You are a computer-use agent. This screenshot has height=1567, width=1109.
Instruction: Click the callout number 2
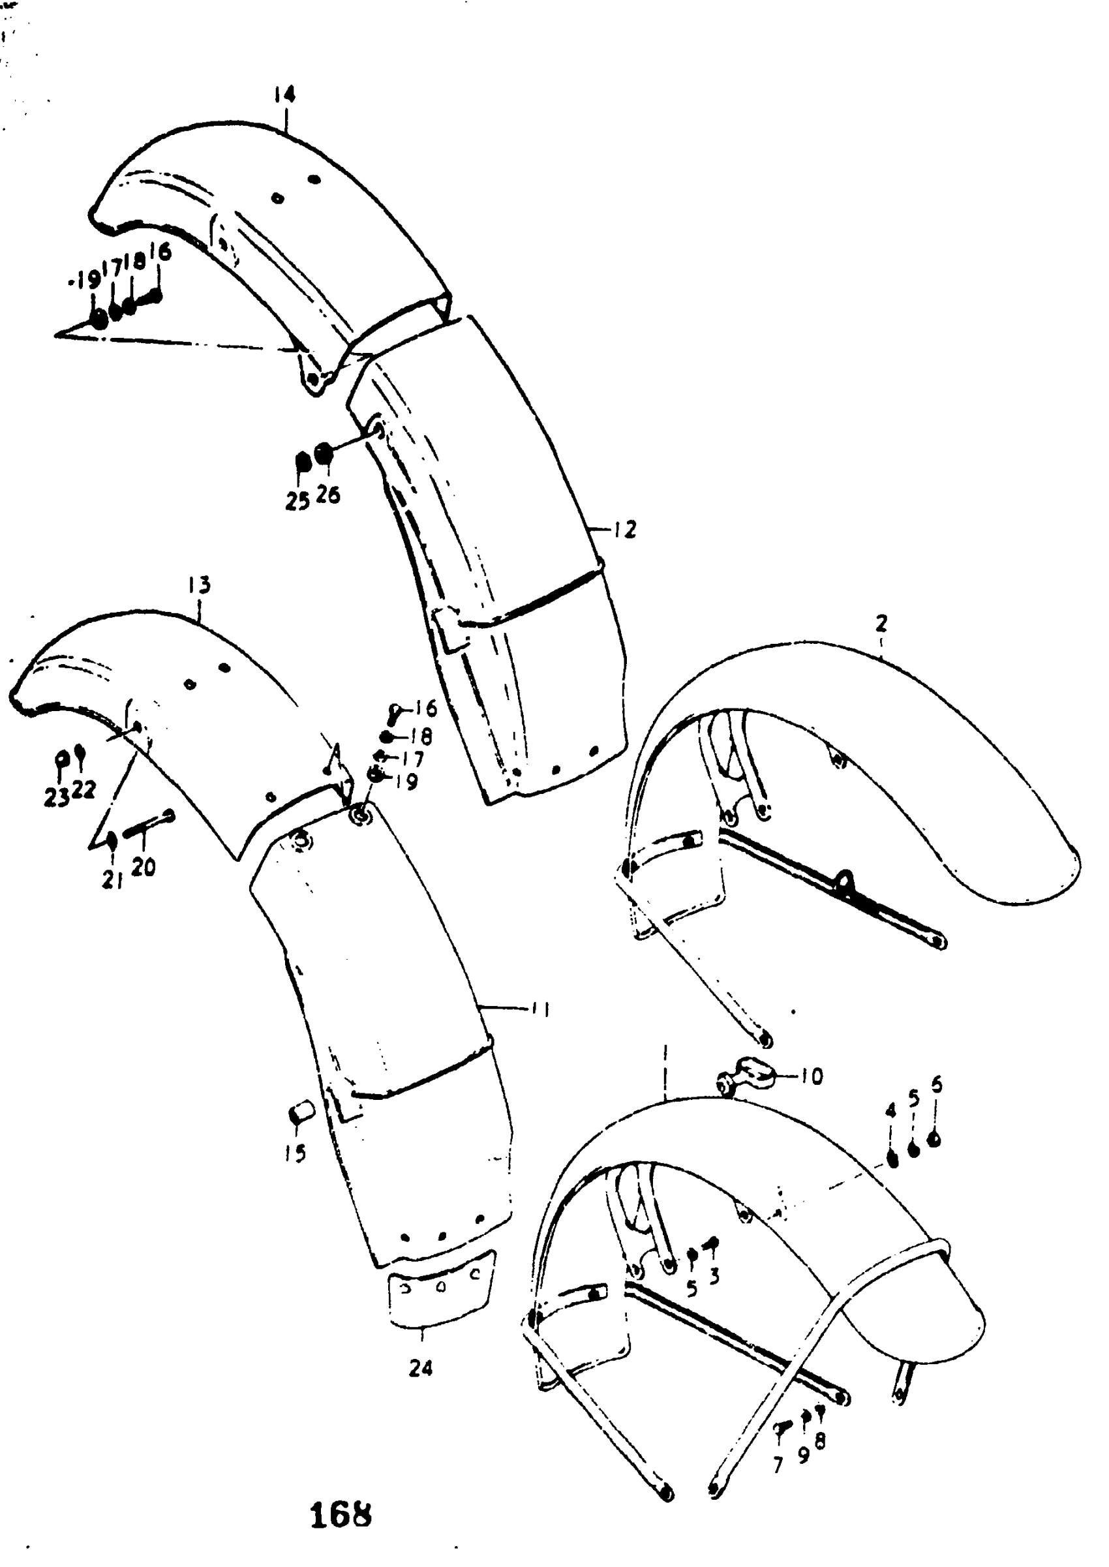coord(881,624)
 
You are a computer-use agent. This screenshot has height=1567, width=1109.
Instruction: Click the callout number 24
coord(421,1367)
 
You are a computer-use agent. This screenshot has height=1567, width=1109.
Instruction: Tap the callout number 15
coord(296,1153)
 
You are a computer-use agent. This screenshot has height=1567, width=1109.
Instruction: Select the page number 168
coord(341,1515)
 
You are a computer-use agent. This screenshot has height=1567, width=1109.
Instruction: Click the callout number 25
coord(297,502)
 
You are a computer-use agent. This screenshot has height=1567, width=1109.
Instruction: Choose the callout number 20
coord(144,867)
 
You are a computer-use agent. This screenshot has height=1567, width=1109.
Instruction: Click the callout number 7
coord(778,1465)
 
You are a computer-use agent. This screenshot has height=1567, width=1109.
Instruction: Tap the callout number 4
coord(890,1112)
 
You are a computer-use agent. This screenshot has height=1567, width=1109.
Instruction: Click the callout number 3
coord(714,1275)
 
